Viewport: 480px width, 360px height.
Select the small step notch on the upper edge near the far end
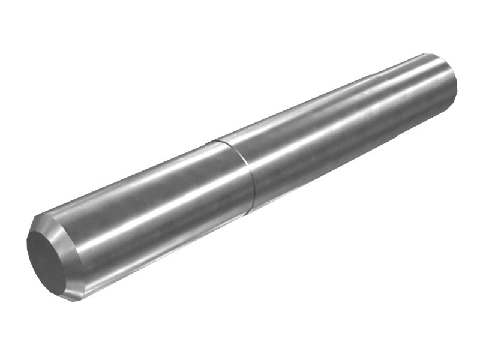[371, 76]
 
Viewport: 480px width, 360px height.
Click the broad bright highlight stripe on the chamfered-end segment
[150, 207]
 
